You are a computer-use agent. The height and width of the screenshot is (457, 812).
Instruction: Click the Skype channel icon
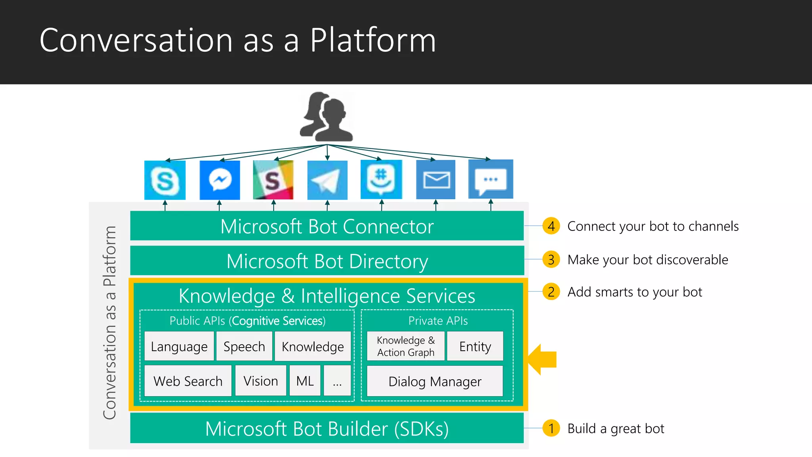pyautogui.click(x=165, y=180)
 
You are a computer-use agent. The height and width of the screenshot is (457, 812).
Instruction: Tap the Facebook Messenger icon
pyautogui.click(x=220, y=180)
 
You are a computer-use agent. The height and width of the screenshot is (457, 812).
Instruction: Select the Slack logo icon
pyautogui.click(x=273, y=180)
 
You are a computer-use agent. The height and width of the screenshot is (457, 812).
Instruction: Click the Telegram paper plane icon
pyautogui.click(x=327, y=180)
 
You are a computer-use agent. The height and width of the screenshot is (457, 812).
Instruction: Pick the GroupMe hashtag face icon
pyautogui.click(x=381, y=179)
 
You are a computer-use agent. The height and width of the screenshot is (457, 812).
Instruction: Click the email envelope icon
pyautogui.click(x=436, y=180)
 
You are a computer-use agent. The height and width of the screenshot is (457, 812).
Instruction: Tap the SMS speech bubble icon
pyautogui.click(x=490, y=179)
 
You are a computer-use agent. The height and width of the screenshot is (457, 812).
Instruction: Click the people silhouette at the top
pyautogui.click(x=326, y=117)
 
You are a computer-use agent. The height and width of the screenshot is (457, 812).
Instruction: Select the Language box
pyautogui.click(x=179, y=346)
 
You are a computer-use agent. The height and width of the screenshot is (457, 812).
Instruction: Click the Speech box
pyautogui.click(x=244, y=346)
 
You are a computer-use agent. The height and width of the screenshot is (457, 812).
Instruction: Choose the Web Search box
pyautogui.click(x=188, y=381)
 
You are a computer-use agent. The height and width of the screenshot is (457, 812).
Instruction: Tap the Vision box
pyautogui.click(x=260, y=381)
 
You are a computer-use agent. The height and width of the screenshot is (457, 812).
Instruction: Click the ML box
pyautogui.click(x=305, y=381)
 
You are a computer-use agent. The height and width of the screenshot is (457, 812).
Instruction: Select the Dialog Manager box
pyautogui.click(x=435, y=381)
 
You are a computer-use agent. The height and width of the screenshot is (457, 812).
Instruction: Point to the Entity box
pyautogui.click(x=475, y=346)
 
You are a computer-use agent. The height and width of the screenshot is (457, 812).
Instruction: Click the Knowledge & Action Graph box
pyautogui.click(x=406, y=346)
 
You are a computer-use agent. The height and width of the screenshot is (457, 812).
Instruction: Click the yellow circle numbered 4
pyautogui.click(x=551, y=226)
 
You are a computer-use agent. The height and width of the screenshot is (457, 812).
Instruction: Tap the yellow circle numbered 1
pyautogui.click(x=551, y=428)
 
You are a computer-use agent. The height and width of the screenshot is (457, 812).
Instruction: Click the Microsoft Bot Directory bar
pyautogui.click(x=327, y=261)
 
